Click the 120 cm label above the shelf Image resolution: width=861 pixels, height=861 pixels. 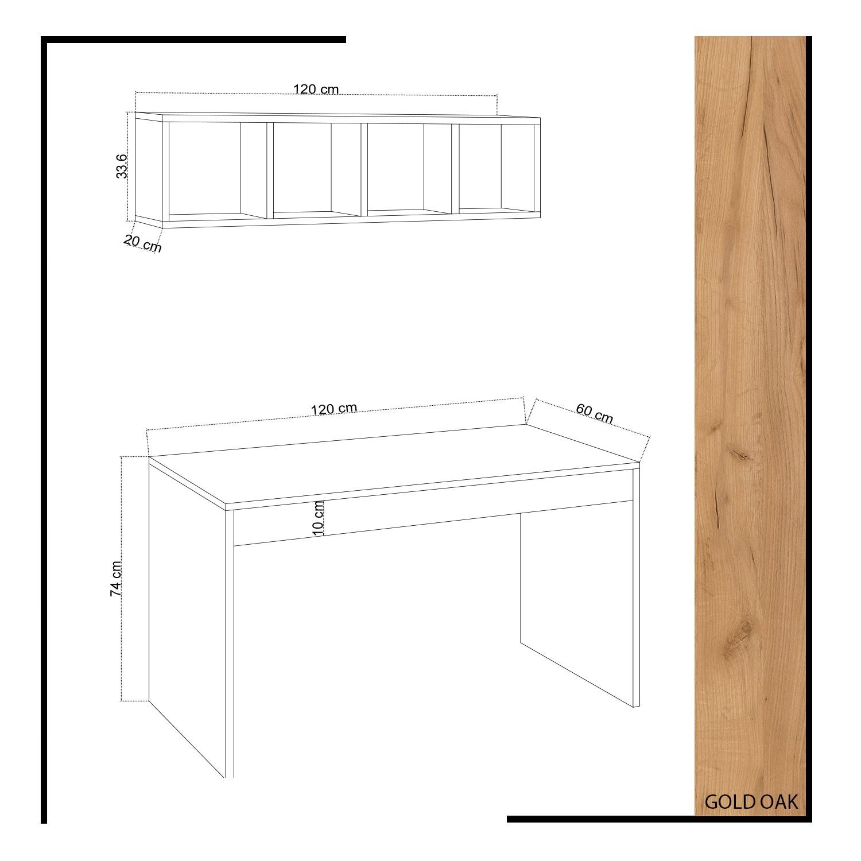[x=316, y=89]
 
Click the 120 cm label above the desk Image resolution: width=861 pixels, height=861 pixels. [x=333, y=409]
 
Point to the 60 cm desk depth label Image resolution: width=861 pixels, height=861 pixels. [x=594, y=414]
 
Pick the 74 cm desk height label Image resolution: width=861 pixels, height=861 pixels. [x=116, y=579]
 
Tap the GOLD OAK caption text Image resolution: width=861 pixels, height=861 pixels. [x=751, y=802]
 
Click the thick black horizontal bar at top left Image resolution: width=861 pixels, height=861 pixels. [x=195, y=40]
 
